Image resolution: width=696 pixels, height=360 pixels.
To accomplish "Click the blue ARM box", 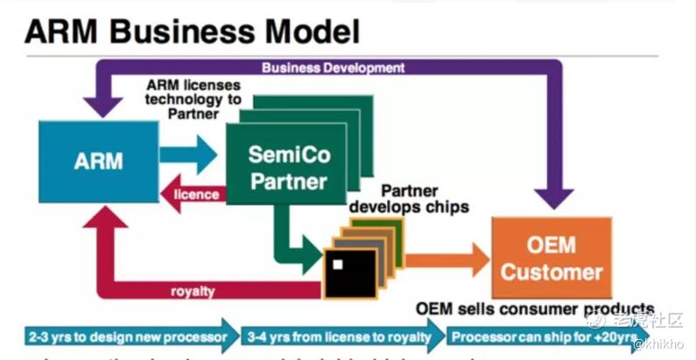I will pyautogui.click(x=98, y=161).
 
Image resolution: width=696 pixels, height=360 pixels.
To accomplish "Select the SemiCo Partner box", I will pyautogui.click(x=275, y=168).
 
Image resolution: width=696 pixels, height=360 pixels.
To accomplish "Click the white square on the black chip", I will pyautogui.click(x=335, y=264).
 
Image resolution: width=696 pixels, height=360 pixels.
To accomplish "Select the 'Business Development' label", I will pyautogui.click(x=333, y=67).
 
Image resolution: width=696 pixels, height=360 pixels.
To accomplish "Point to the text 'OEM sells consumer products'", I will pyautogui.click(x=535, y=308).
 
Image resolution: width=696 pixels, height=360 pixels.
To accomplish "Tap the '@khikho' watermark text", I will pyautogui.click(x=663, y=343).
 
